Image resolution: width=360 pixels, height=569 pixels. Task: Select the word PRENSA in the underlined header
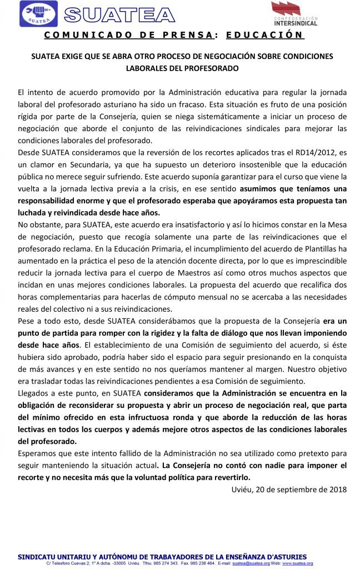187,34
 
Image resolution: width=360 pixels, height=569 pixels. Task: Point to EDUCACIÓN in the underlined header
265,34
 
